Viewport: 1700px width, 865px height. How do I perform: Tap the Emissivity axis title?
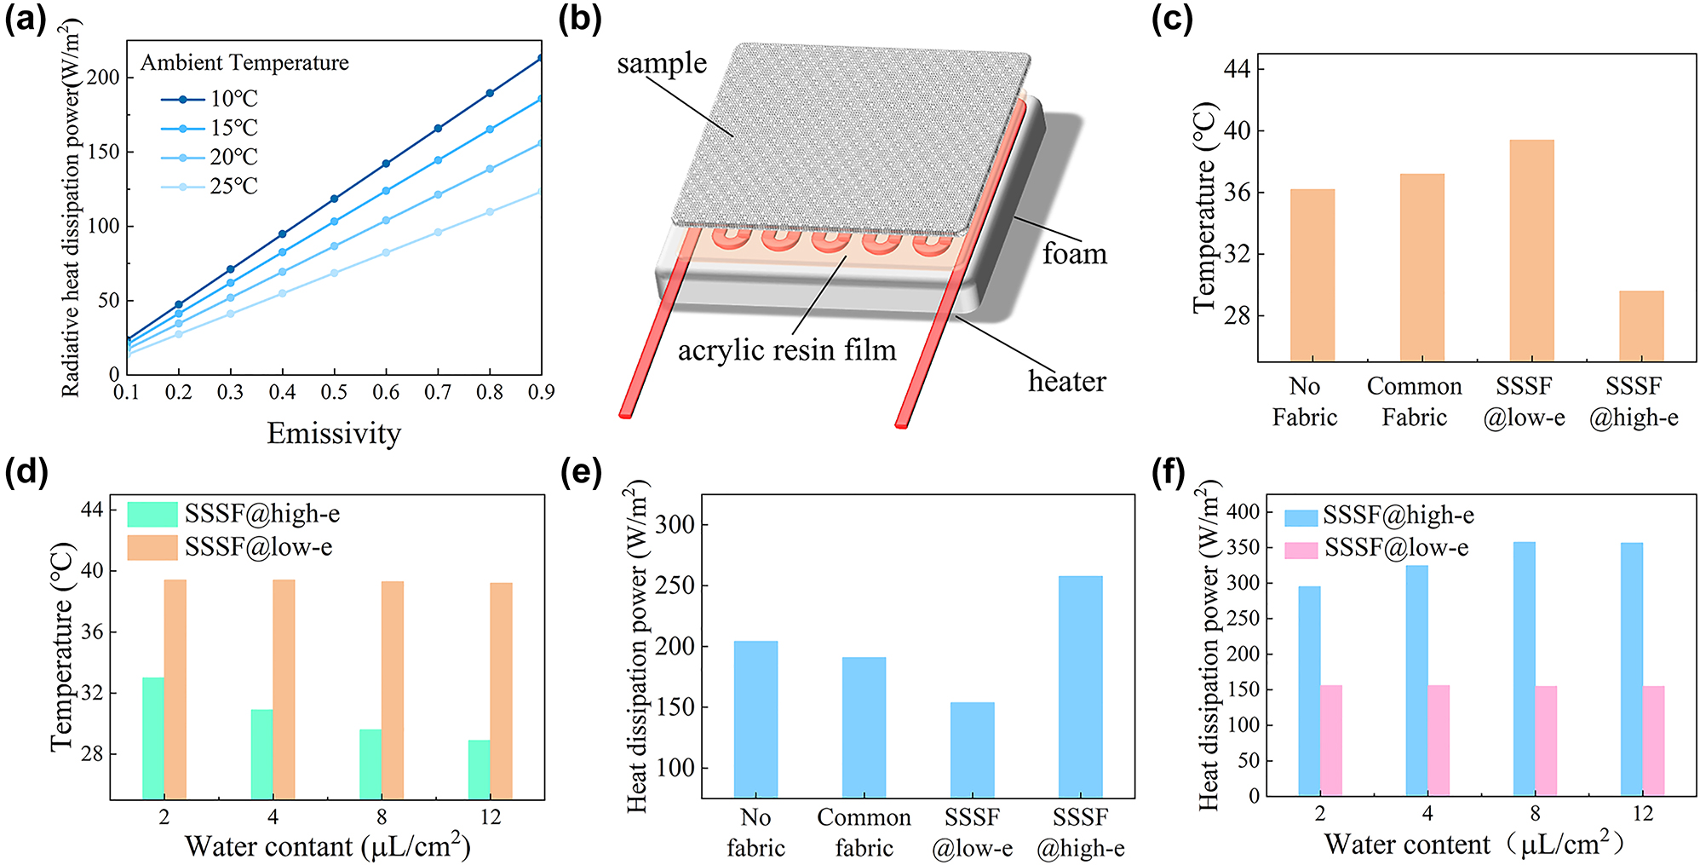334,433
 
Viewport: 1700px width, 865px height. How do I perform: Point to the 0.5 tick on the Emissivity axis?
334,392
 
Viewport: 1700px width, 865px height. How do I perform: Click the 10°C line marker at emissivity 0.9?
540,59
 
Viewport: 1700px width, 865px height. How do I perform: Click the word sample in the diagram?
662,64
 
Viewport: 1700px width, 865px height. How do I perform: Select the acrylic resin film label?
787,350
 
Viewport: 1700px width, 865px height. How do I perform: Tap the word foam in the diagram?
1074,254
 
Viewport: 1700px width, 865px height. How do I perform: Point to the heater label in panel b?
1066,381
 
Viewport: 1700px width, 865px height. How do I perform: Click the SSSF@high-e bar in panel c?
1640,326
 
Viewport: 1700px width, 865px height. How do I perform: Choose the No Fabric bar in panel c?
1312,275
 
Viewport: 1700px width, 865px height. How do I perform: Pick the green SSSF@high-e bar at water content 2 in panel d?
153,737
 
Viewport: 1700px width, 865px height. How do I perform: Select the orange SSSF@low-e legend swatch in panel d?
152,547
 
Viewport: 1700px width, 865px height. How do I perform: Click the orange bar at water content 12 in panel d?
501,690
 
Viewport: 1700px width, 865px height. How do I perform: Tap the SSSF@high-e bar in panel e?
1080,686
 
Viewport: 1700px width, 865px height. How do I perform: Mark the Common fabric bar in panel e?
864,727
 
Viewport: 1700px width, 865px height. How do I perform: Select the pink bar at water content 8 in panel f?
1546,741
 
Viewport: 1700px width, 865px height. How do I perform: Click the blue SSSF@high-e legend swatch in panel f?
1301,516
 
